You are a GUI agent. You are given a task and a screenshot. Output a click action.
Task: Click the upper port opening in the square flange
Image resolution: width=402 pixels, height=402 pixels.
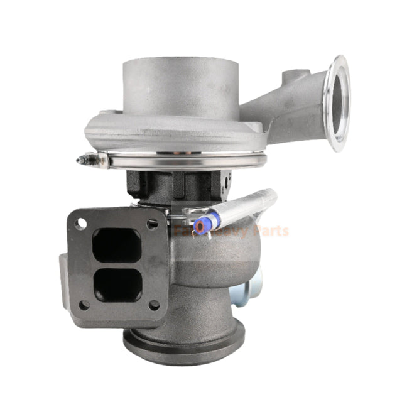click(x=116, y=244)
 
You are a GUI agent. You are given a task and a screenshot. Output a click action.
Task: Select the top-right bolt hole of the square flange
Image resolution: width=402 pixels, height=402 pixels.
click(x=151, y=223)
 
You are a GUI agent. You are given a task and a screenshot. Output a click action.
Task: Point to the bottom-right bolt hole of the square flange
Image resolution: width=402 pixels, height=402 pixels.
click(x=154, y=305)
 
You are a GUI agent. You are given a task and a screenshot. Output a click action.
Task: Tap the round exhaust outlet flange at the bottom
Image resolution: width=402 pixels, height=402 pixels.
click(x=182, y=342)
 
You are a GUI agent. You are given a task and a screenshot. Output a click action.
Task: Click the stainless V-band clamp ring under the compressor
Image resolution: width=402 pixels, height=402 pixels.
click(x=188, y=162)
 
